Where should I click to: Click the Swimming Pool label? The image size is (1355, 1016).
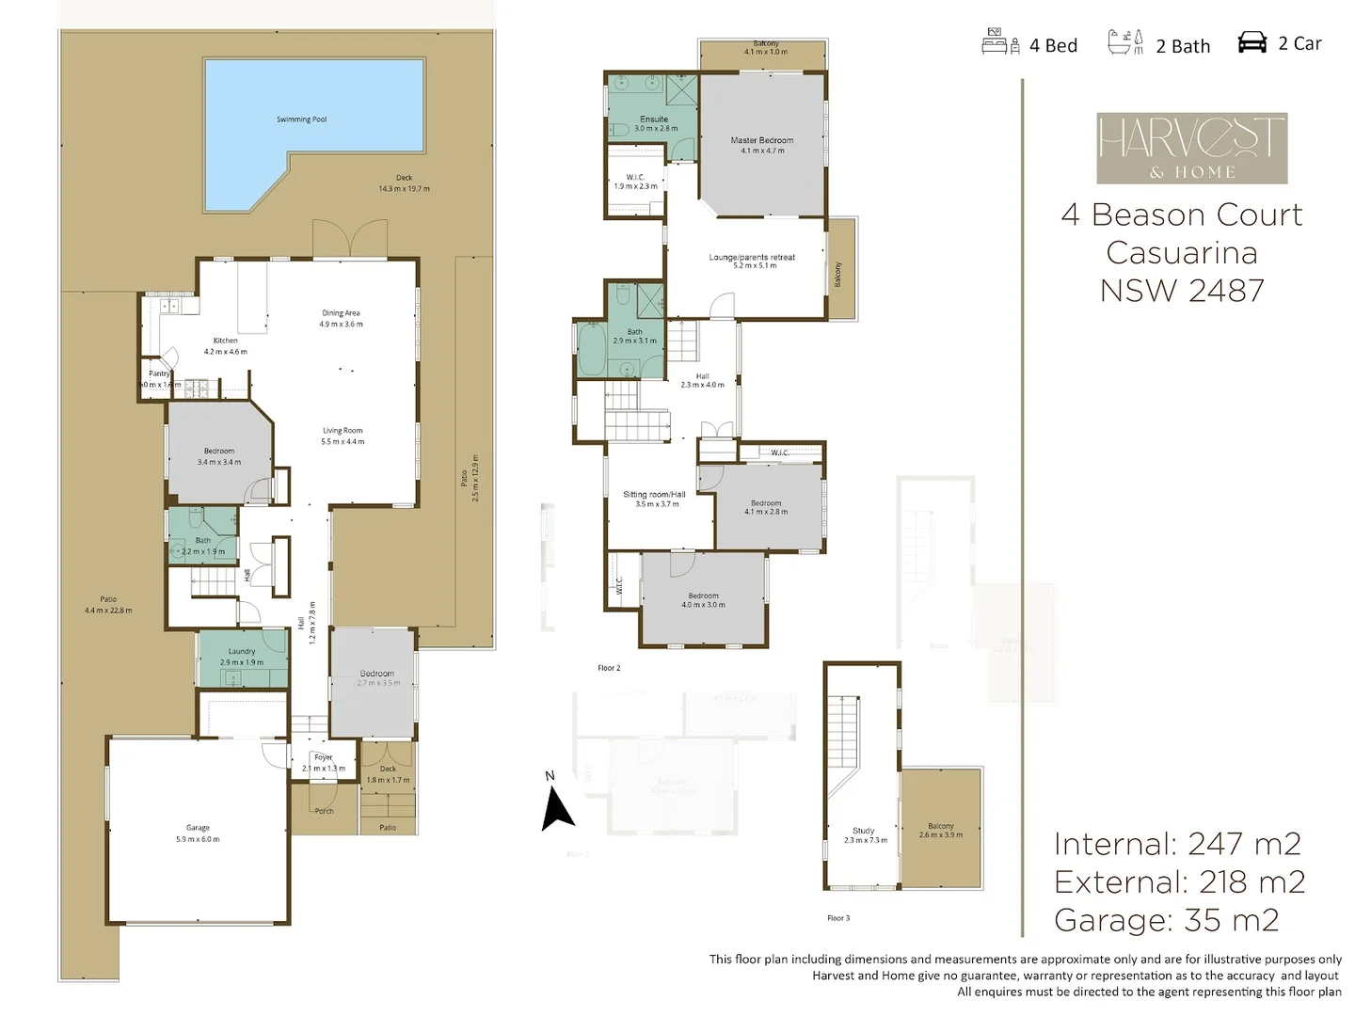pyautogui.click(x=301, y=119)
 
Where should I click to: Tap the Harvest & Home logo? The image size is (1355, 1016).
pyautogui.click(x=1191, y=149)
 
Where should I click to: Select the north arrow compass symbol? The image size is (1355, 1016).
pyautogui.click(x=556, y=808)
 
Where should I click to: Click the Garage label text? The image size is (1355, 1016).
pyautogui.click(x=198, y=829)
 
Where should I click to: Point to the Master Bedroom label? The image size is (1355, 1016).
pyautogui.click(x=761, y=141)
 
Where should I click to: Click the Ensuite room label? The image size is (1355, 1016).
pyautogui.click(x=654, y=119)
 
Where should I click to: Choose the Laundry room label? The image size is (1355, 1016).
pyautogui.click(x=242, y=651)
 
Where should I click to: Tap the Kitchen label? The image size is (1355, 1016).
pyautogui.click(x=226, y=341)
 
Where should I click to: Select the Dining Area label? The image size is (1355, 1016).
pyautogui.click(x=341, y=313)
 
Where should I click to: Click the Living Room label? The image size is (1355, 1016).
pyautogui.click(x=343, y=431)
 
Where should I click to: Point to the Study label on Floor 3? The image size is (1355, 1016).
pyautogui.click(x=863, y=831)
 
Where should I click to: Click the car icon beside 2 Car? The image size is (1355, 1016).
pyautogui.click(x=1251, y=42)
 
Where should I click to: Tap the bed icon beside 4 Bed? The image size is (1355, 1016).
pyautogui.click(x=1000, y=43)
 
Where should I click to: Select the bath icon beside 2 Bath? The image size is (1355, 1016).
pyautogui.click(x=1125, y=43)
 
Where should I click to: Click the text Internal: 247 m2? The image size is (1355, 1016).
pyautogui.click(x=1177, y=844)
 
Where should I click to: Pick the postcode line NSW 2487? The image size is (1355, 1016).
pyautogui.click(x=1182, y=291)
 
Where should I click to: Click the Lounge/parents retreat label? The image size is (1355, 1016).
pyautogui.click(x=752, y=257)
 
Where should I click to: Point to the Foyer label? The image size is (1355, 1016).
pyautogui.click(x=324, y=757)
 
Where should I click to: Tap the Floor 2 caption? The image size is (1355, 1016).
pyautogui.click(x=609, y=668)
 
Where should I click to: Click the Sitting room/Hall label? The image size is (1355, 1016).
pyautogui.click(x=654, y=494)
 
